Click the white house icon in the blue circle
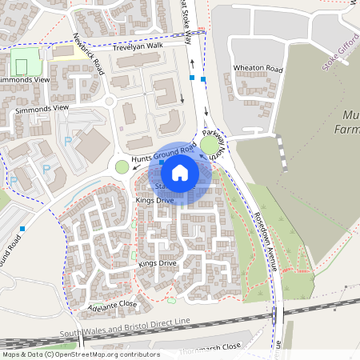point(180,173)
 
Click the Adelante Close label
point(113,305)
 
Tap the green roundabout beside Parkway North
point(212,145)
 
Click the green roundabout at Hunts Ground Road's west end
point(122,166)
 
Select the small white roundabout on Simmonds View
point(110,102)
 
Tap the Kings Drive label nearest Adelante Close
point(157,262)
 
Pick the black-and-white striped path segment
point(281,153)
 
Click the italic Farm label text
point(345,128)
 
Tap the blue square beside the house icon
point(162,162)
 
